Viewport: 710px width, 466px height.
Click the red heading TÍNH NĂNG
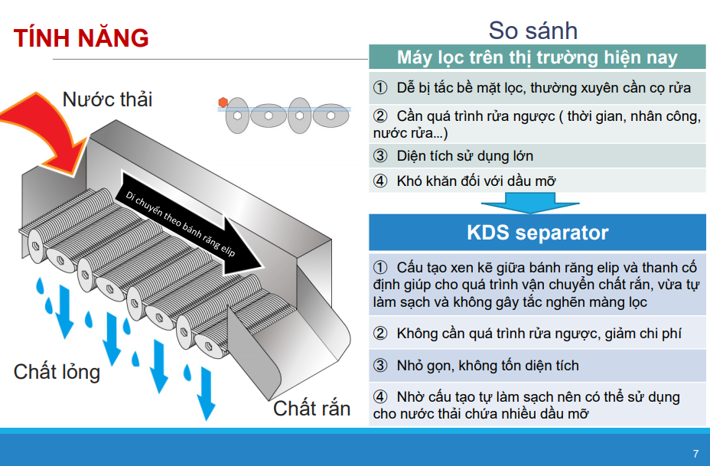click(x=81, y=38)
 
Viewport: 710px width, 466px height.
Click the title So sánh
click(x=533, y=31)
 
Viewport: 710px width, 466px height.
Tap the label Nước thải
click(x=107, y=99)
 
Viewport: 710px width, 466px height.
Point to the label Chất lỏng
click(x=57, y=372)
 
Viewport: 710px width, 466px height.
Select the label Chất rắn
click(x=311, y=408)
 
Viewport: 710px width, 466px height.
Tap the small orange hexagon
click(x=223, y=103)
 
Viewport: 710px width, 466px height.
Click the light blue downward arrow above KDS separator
click(x=529, y=203)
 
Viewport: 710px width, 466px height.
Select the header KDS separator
click(x=538, y=233)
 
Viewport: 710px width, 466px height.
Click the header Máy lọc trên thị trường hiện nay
click(x=538, y=57)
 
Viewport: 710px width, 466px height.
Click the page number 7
click(x=695, y=453)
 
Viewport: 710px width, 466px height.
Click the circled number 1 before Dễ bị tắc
click(x=380, y=87)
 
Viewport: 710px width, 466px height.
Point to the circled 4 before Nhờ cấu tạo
click(x=380, y=396)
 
